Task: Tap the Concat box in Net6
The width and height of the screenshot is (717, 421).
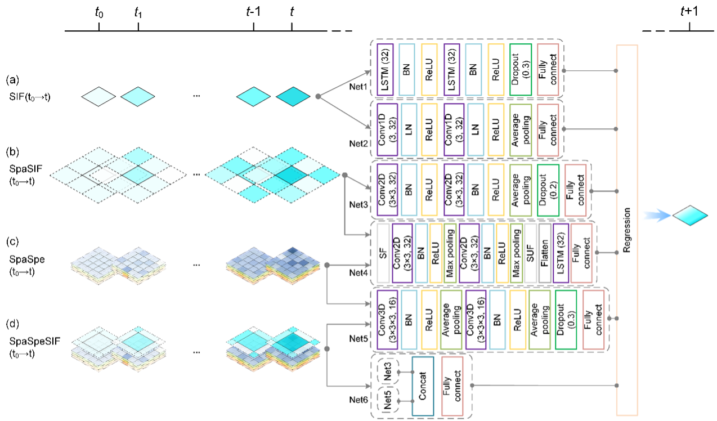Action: coord(423,387)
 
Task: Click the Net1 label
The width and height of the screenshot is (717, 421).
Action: coord(358,88)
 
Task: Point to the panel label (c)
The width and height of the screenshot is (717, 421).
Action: coord(13,244)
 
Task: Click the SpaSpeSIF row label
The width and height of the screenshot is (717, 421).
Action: coord(26,341)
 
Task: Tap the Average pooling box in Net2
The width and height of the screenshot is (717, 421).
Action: coord(519,129)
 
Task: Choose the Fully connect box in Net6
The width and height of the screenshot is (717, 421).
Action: coord(454,387)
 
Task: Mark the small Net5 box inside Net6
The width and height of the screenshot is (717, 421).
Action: coord(388,401)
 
